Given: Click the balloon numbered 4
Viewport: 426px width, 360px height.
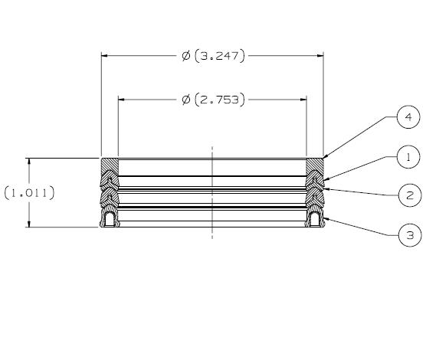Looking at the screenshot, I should click(409, 117).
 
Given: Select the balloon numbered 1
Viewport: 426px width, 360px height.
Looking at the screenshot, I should click(409, 158).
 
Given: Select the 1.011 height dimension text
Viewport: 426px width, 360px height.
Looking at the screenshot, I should click(29, 192).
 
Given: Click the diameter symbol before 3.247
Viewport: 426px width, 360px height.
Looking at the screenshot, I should click(186, 56).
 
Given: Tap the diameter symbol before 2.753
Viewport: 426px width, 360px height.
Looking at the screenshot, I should click(186, 100).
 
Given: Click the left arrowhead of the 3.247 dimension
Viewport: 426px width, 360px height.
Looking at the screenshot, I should click(105, 56).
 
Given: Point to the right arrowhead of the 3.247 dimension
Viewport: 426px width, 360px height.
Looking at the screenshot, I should click(319, 56).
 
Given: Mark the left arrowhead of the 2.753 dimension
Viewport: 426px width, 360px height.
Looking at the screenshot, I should click(122, 100).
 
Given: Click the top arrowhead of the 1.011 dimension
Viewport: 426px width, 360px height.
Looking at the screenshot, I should click(29, 162).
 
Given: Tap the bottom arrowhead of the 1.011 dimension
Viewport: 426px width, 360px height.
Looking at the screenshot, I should click(29, 224).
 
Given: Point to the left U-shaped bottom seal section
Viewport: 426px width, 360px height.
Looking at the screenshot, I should click(110, 219).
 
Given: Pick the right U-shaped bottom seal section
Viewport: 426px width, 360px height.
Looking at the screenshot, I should click(315, 219).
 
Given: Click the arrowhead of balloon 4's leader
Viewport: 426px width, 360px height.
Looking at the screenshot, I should click(324, 159).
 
